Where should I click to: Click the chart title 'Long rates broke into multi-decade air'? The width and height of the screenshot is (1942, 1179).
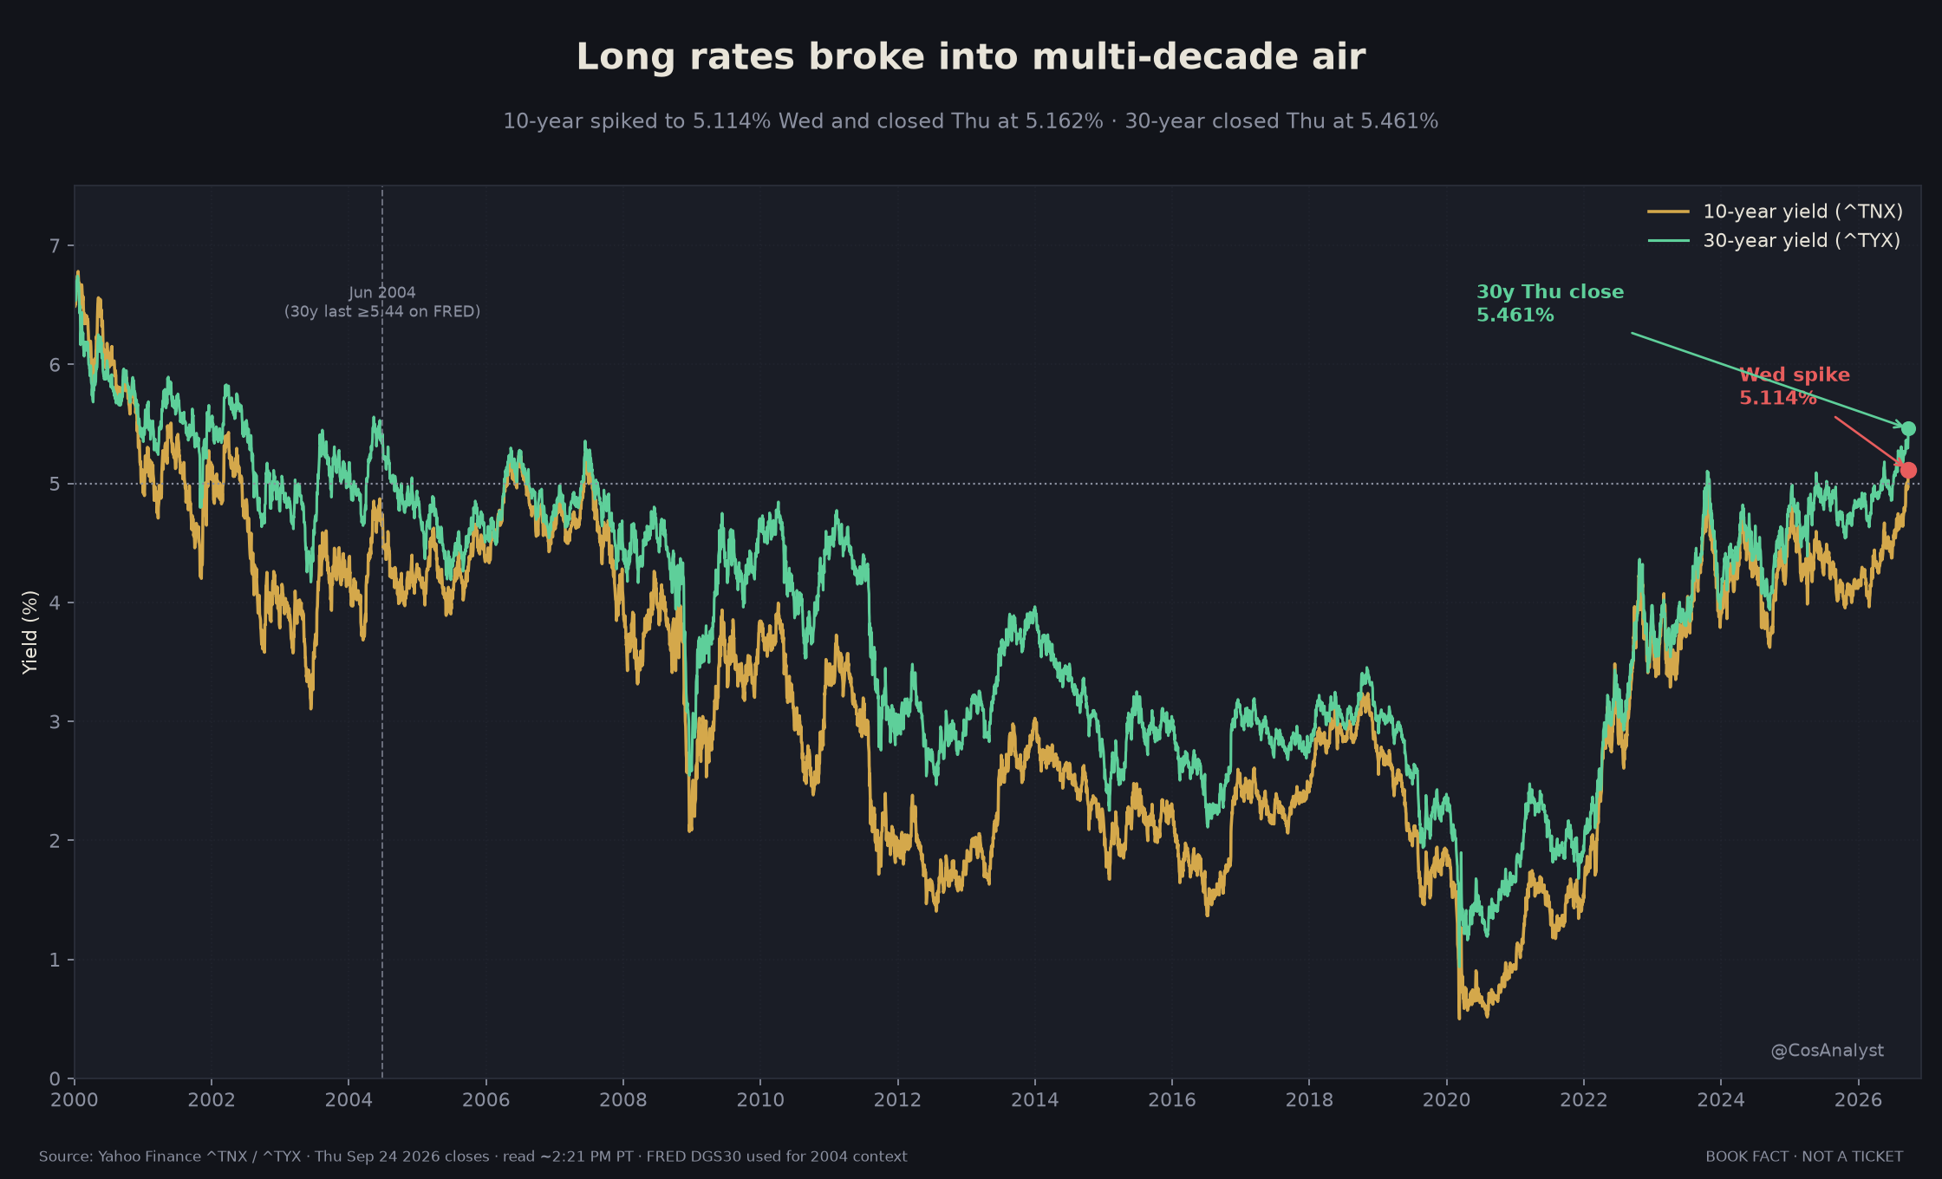(971, 57)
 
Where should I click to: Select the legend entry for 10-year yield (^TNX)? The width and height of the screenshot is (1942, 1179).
(1775, 212)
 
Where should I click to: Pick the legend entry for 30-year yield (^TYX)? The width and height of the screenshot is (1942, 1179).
(1774, 240)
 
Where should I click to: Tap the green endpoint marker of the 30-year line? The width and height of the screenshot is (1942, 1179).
(1908, 428)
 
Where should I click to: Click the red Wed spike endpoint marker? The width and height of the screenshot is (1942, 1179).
(1908, 470)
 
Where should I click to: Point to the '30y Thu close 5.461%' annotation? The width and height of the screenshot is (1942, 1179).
(1550, 303)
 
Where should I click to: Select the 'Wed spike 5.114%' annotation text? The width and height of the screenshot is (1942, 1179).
(1795, 387)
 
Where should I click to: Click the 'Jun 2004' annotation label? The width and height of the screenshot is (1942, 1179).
(382, 292)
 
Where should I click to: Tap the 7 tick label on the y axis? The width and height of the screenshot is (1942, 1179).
(55, 246)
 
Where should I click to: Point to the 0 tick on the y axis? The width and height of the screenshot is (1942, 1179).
(55, 1078)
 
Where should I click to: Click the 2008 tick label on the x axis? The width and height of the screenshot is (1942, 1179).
(622, 1100)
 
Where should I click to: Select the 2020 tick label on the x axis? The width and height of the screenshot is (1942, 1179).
(1446, 1100)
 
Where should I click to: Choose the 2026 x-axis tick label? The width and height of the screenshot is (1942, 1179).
(1858, 1100)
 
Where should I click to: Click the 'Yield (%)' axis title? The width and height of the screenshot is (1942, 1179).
(30, 632)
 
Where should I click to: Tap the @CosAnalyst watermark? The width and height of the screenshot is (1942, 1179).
(1827, 1051)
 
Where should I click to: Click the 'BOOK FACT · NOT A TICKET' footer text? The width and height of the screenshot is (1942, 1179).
(1804, 1156)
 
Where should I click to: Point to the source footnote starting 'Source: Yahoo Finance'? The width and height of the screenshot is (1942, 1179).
(473, 1156)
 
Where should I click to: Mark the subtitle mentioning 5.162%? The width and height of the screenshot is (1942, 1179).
(971, 121)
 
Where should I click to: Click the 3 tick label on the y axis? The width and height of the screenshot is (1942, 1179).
(55, 721)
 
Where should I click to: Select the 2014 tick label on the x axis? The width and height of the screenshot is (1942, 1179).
(1034, 1100)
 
